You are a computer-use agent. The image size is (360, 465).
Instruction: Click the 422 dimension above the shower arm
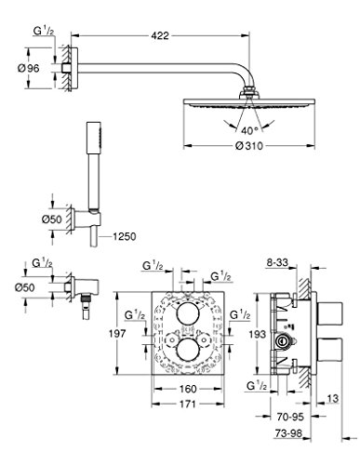pyautogui.click(x=160, y=35)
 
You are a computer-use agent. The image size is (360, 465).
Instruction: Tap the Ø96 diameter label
pyautogui.click(x=29, y=68)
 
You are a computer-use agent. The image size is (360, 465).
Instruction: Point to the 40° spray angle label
pyautogui.click(x=249, y=131)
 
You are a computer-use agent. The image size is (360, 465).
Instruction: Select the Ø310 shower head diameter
pyautogui.click(x=249, y=145)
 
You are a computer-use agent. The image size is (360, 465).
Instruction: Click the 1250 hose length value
pyautogui.click(x=124, y=236)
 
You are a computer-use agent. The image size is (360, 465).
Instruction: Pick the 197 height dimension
pyautogui.click(x=117, y=334)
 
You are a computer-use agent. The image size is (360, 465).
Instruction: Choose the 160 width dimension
pyautogui.click(x=188, y=389)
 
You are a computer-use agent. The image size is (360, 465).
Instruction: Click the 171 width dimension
pyautogui.click(x=187, y=404)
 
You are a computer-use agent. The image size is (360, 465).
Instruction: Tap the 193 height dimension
pyautogui.click(x=258, y=334)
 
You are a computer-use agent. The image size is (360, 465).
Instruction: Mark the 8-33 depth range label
pyautogui.click(x=277, y=262)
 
